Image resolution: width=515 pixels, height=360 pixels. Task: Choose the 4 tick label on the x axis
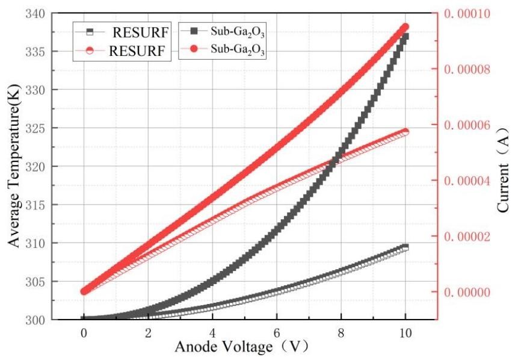(x=212, y=332)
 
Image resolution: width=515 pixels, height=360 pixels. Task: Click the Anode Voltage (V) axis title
(x=244, y=347)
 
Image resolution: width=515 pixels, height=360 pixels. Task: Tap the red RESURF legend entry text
(x=135, y=50)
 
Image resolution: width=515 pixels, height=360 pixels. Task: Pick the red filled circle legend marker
(x=193, y=49)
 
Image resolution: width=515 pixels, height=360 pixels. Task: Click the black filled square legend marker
(x=193, y=29)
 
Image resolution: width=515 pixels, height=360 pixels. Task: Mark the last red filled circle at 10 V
(x=405, y=27)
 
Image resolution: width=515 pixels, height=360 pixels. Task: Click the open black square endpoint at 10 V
(x=405, y=247)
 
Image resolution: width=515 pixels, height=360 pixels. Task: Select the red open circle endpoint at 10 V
(x=405, y=132)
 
